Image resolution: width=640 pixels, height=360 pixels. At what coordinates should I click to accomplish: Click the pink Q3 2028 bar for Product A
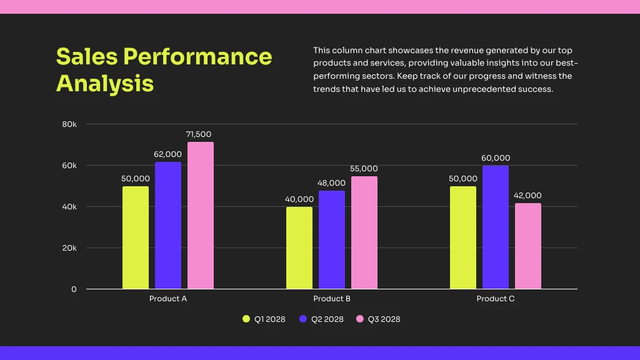coord(201,216)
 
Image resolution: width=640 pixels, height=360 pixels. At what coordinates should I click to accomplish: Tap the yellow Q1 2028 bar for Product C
coord(463,237)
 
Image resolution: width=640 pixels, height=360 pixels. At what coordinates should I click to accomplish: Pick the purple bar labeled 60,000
coord(496,227)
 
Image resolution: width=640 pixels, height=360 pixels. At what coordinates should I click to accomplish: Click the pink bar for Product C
coord(528,246)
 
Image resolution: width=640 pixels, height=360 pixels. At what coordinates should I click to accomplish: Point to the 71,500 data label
coord(199,134)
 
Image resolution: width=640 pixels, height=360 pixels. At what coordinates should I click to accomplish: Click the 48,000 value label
coord(332,183)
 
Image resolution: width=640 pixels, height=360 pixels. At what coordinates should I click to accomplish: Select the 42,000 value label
coord(527,196)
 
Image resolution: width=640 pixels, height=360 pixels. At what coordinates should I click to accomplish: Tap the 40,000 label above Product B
coord(299,199)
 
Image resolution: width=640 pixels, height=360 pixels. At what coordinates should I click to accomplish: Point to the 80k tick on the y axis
coord(69,124)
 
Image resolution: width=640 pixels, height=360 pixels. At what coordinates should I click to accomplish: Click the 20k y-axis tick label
coord(69,248)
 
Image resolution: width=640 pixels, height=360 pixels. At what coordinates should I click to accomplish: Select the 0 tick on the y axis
coord(74,289)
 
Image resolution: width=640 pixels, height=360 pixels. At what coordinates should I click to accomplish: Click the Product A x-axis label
coord(168,299)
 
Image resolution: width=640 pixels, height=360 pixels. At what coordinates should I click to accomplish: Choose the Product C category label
coord(496,299)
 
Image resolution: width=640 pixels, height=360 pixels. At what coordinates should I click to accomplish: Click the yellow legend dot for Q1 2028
coord(246,319)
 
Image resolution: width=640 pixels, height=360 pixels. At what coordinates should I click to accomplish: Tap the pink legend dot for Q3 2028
coord(359,319)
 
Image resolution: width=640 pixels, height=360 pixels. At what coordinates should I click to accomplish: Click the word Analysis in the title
coord(105,83)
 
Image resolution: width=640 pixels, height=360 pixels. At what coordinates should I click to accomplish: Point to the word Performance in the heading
coord(197,56)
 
